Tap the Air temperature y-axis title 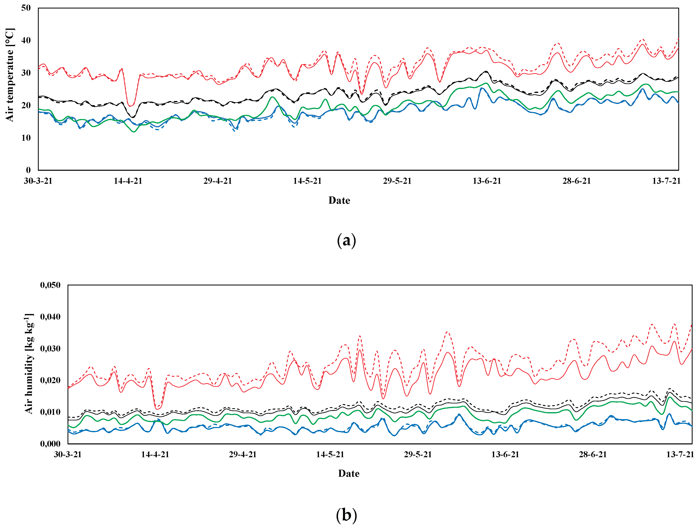coord(10,75)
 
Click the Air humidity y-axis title coord(29,363)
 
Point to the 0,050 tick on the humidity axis coord(50,285)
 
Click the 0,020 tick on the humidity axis coord(50,380)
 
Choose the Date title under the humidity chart coord(349,474)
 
